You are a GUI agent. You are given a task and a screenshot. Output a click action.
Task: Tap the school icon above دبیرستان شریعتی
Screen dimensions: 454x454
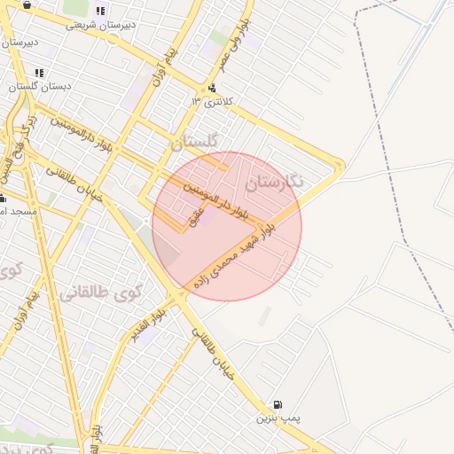100,12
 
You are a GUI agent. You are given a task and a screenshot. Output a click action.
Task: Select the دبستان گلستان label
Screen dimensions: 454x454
36,87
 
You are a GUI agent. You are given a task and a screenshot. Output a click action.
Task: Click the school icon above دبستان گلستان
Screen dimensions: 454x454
38,73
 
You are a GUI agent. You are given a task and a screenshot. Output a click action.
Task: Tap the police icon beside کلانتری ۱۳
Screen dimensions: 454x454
213,88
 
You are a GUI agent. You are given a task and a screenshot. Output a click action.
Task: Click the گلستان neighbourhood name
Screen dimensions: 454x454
193,142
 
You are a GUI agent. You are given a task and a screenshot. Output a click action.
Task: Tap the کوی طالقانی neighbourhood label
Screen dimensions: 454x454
94,281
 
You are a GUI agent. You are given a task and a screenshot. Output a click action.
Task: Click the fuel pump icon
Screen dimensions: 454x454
278,404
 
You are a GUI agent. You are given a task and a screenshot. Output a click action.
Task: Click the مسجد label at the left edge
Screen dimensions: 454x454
18,212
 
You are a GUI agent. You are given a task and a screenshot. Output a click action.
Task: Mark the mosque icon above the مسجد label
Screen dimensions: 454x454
3,198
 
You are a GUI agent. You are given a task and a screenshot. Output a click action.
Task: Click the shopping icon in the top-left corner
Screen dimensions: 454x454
27,4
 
